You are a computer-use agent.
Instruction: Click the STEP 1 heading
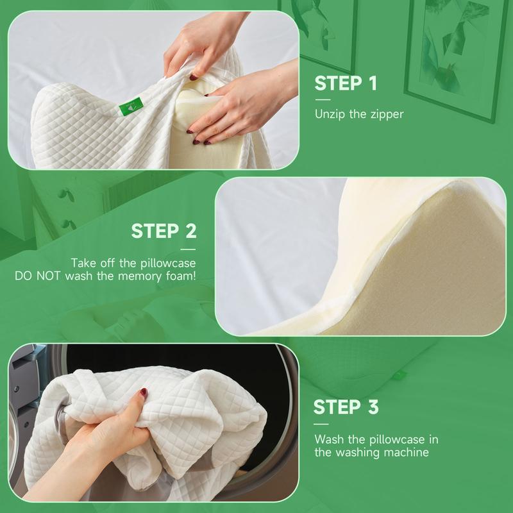pyautogui.click(x=346, y=83)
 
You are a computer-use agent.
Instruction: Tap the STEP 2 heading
pyautogui.click(x=164, y=231)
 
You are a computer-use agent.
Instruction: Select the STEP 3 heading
pyautogui.click(x=346, y=407)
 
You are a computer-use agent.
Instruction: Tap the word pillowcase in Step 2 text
pyautogui.click(x=168, y=264)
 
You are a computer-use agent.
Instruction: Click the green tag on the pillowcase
pyautogui.click(x=131, y=106)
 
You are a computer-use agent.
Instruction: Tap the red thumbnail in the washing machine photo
pyautogui.click(x=144, y=392)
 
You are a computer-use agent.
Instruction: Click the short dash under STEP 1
pyautogui.click(x=323, y=100)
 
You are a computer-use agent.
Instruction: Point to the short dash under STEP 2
pyautogui.click(x=188, y=249)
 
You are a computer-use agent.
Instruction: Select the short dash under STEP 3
pyautogui.click(x=321, y=424)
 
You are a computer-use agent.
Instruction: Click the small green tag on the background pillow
pyautogui.click(x=399, y=375)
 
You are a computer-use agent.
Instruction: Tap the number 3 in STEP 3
pyautogui.click(x=373, y=407)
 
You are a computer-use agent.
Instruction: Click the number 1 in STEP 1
pyautogui.click(x=373, y=83)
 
